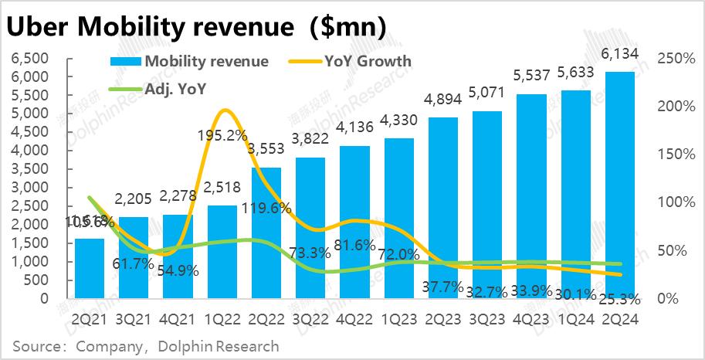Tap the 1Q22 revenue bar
tap(222, 252)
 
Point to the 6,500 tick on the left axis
tap(30, 59)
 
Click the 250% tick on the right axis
tap(673, 59)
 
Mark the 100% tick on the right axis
tap(673, 202)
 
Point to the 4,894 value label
tap(442, 100)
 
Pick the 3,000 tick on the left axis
tap(30, 188)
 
